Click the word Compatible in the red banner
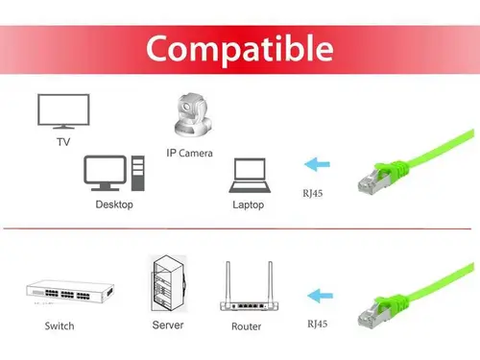click(240, 47)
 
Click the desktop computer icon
click(112, 173)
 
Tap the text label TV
click(62, 143)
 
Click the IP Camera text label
click(189, 153)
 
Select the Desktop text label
click(114, 204)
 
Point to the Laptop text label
click(248, 204)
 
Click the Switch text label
click(60, 326)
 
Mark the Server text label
click(167, 325)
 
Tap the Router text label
click(246, 326)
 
